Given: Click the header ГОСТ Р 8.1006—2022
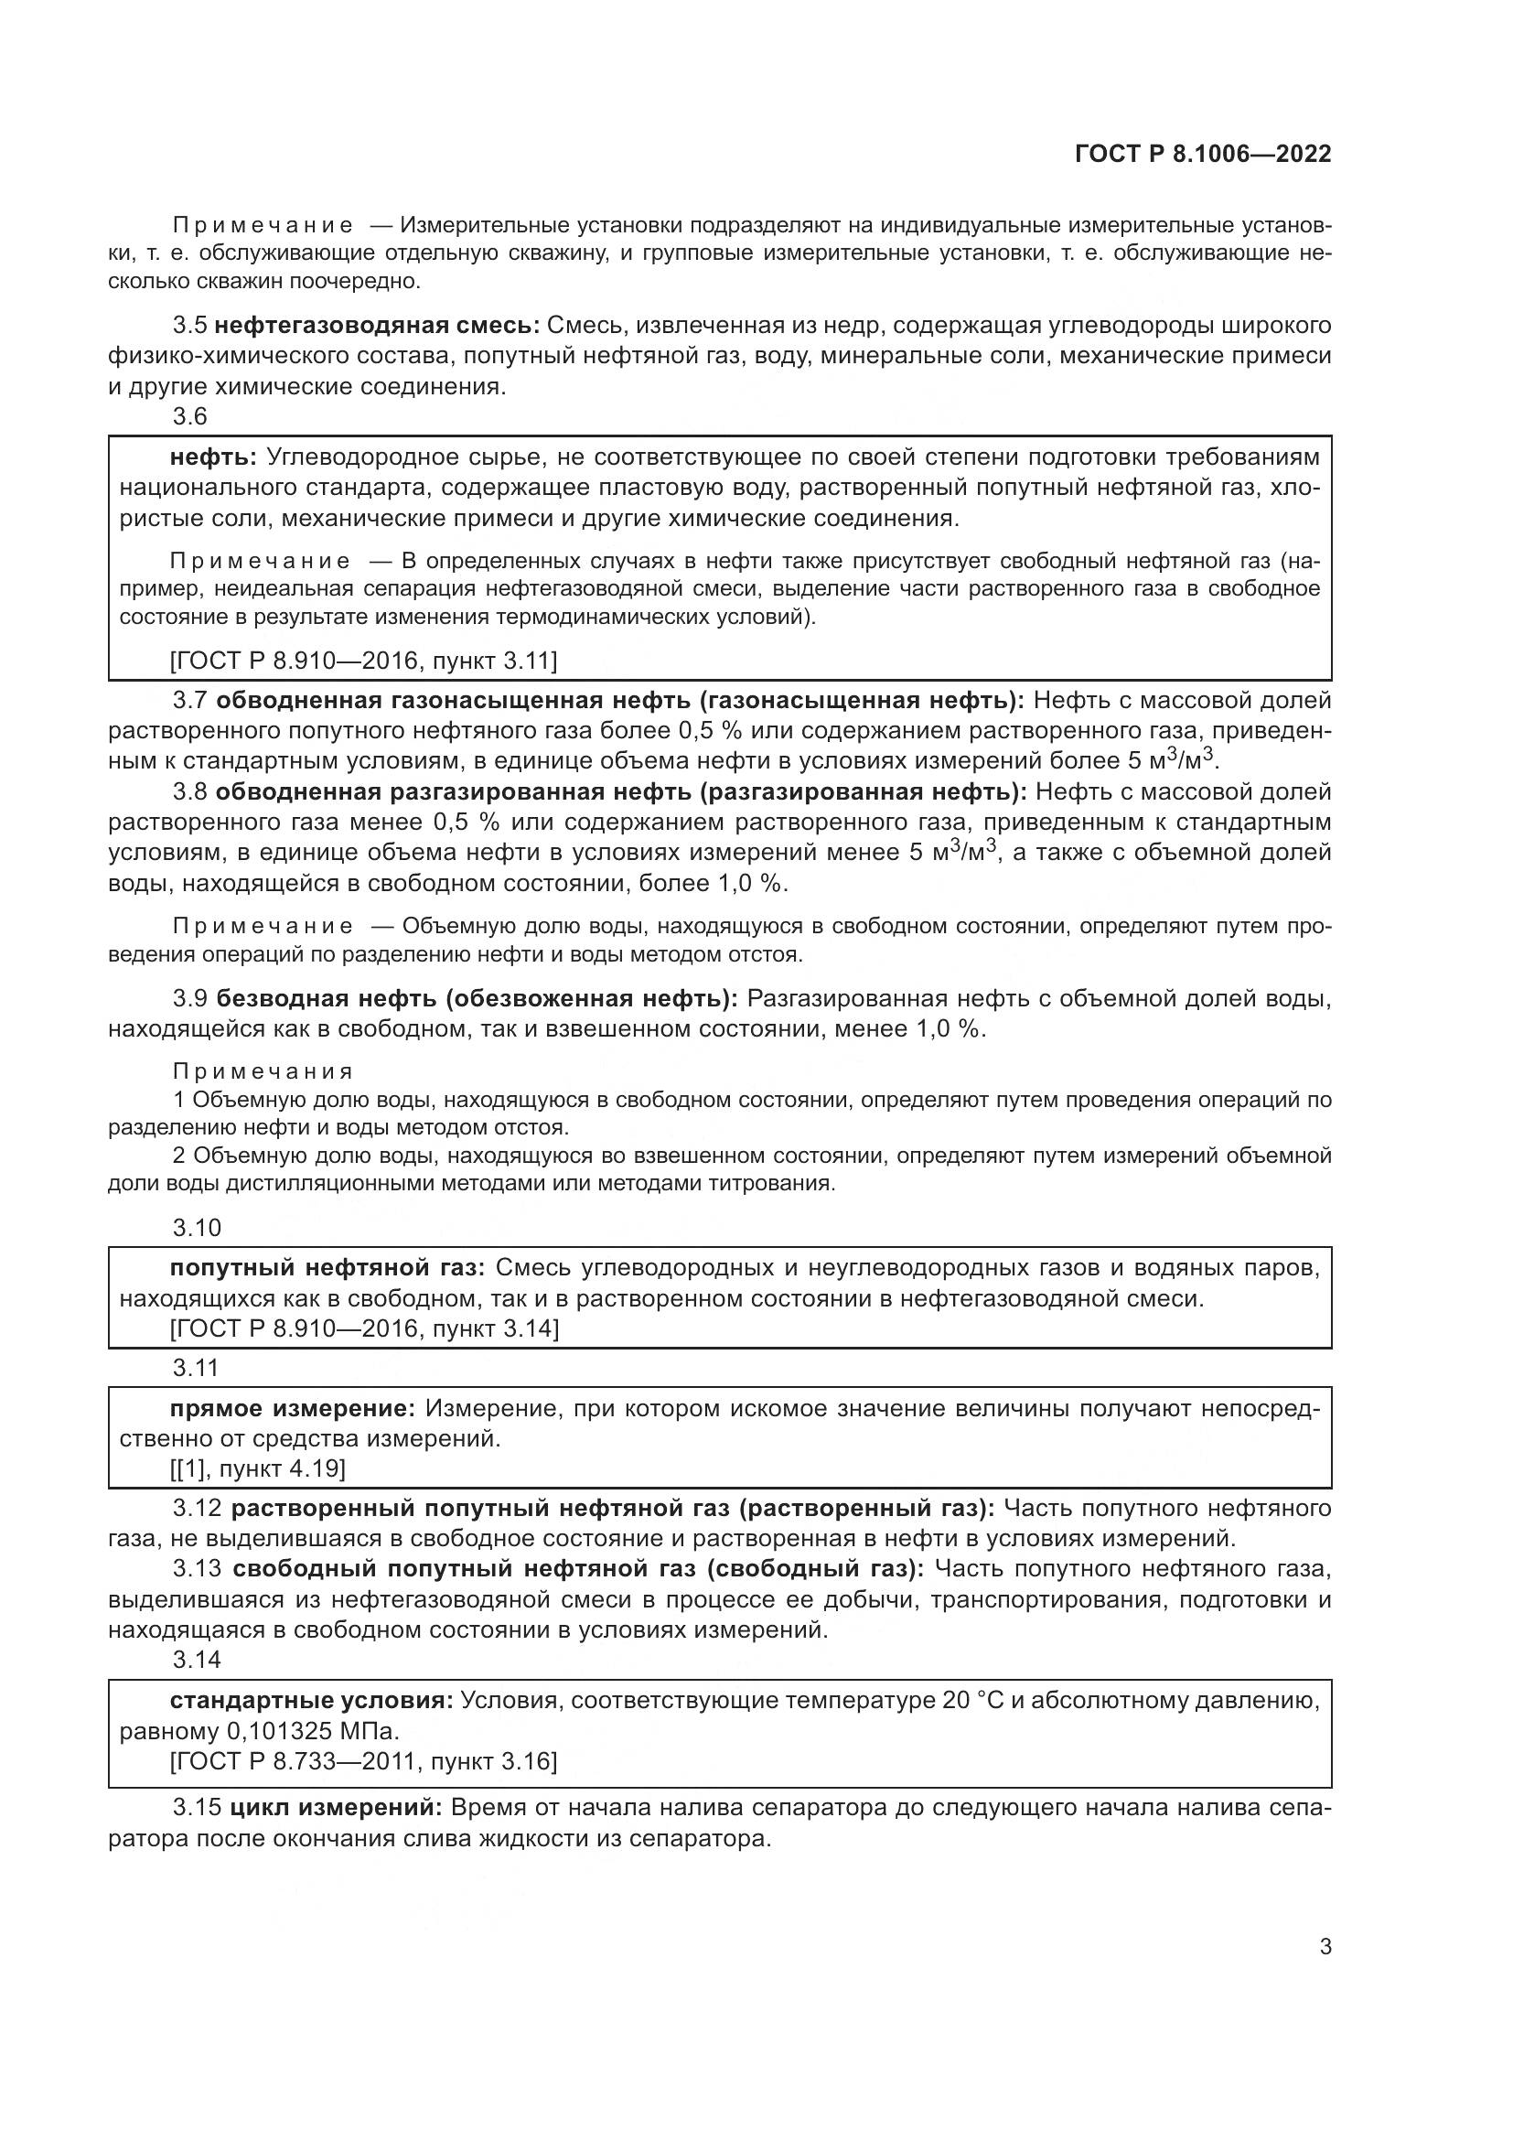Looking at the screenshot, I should point(1202,154).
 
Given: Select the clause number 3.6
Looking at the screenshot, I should point(190,416).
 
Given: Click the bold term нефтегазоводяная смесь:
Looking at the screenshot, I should point(377,326).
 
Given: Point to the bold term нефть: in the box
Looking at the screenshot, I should point(213,457).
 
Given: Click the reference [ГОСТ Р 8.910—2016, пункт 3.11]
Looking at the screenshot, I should point(363,661).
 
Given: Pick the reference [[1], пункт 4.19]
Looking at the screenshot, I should point(257,1469).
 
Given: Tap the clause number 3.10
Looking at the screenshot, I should point(197,1228).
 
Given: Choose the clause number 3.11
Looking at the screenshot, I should point(196,1367).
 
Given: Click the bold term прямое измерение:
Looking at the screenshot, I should point(293,1407).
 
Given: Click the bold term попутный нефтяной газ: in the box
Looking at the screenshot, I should point(327,1267).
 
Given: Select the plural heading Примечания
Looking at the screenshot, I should point(263,1071).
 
